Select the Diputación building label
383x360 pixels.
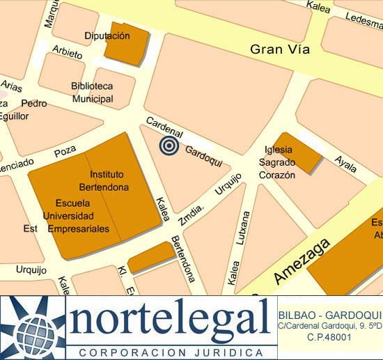tap(107, 36)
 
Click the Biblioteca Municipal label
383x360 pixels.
tap(92, 92)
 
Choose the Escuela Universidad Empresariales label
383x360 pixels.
tap(77, 216)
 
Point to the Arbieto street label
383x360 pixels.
tap(67, 54)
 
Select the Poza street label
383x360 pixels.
tap(65, 150)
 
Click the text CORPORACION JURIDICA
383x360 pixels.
tap(167, 352)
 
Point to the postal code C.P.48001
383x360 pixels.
tap(329, 337)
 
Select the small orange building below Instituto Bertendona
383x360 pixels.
tap(150, 257)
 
